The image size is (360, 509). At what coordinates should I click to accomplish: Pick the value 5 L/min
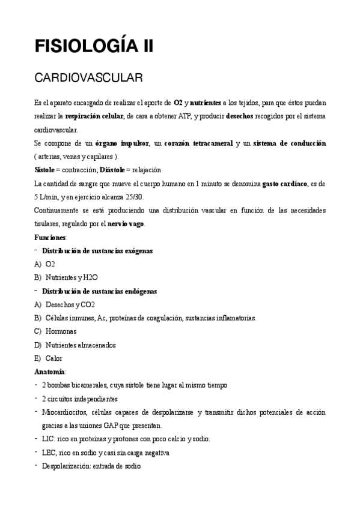[46, 196]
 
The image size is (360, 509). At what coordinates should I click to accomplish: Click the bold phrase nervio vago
[126, 224]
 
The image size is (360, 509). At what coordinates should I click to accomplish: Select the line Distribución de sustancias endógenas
[99, 291]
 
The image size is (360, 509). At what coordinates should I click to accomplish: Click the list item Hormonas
[61, 331]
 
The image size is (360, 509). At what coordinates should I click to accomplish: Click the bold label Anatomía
[50, 372]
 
